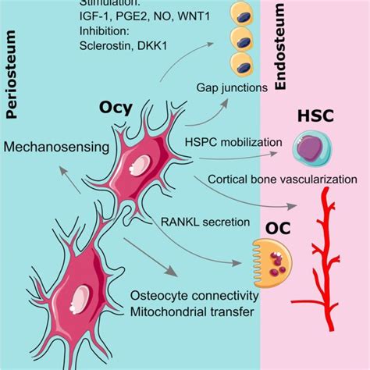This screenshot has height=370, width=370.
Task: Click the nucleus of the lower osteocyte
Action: click(x=82, y=298)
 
